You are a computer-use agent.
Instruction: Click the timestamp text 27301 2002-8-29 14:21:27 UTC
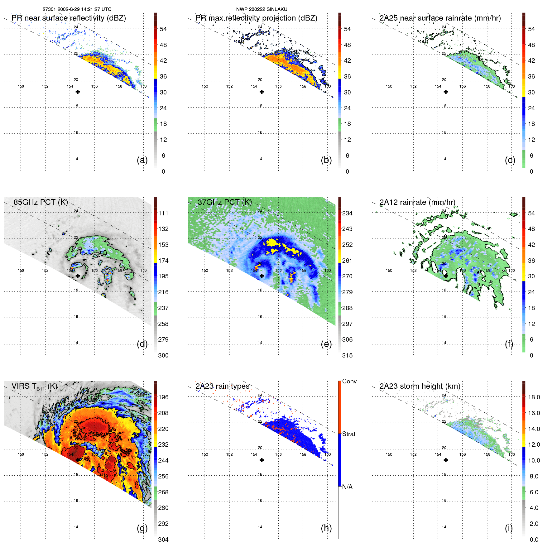(x=77, y=9)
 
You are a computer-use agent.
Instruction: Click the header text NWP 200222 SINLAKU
(x=262, y=9)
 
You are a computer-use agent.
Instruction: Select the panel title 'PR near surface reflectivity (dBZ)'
(x=69, y=18)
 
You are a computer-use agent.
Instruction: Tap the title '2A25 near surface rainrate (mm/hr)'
(x=440, y=18)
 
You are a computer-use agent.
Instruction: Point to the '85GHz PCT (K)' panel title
(x=41, y=202)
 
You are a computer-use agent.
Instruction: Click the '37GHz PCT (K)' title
(x=224, y=202)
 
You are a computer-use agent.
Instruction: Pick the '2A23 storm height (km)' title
(x=420, y=386)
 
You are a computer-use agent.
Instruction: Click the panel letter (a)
(x=142, y=160)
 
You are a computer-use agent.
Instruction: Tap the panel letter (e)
(x=326, y=344)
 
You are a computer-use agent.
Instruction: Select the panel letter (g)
(x=142, y=528)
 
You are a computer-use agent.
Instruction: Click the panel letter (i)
(x=509, y=528)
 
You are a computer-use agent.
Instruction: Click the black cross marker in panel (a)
(x=78, y=92)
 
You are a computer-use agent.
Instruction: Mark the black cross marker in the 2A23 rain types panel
(x=262, y=460)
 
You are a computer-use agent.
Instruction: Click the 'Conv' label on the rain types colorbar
(x=349, y=381)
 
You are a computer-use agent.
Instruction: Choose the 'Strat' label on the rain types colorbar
(x=348, y=434)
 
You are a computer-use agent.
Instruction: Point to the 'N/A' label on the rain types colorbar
(x=347, y=487)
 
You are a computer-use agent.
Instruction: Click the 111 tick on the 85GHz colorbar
(x=163, y=213)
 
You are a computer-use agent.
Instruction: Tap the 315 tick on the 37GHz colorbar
(x=347, y=355)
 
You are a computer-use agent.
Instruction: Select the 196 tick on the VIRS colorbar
(x=163, y=397)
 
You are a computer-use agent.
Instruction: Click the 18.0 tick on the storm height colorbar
(x=534, y=397)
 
